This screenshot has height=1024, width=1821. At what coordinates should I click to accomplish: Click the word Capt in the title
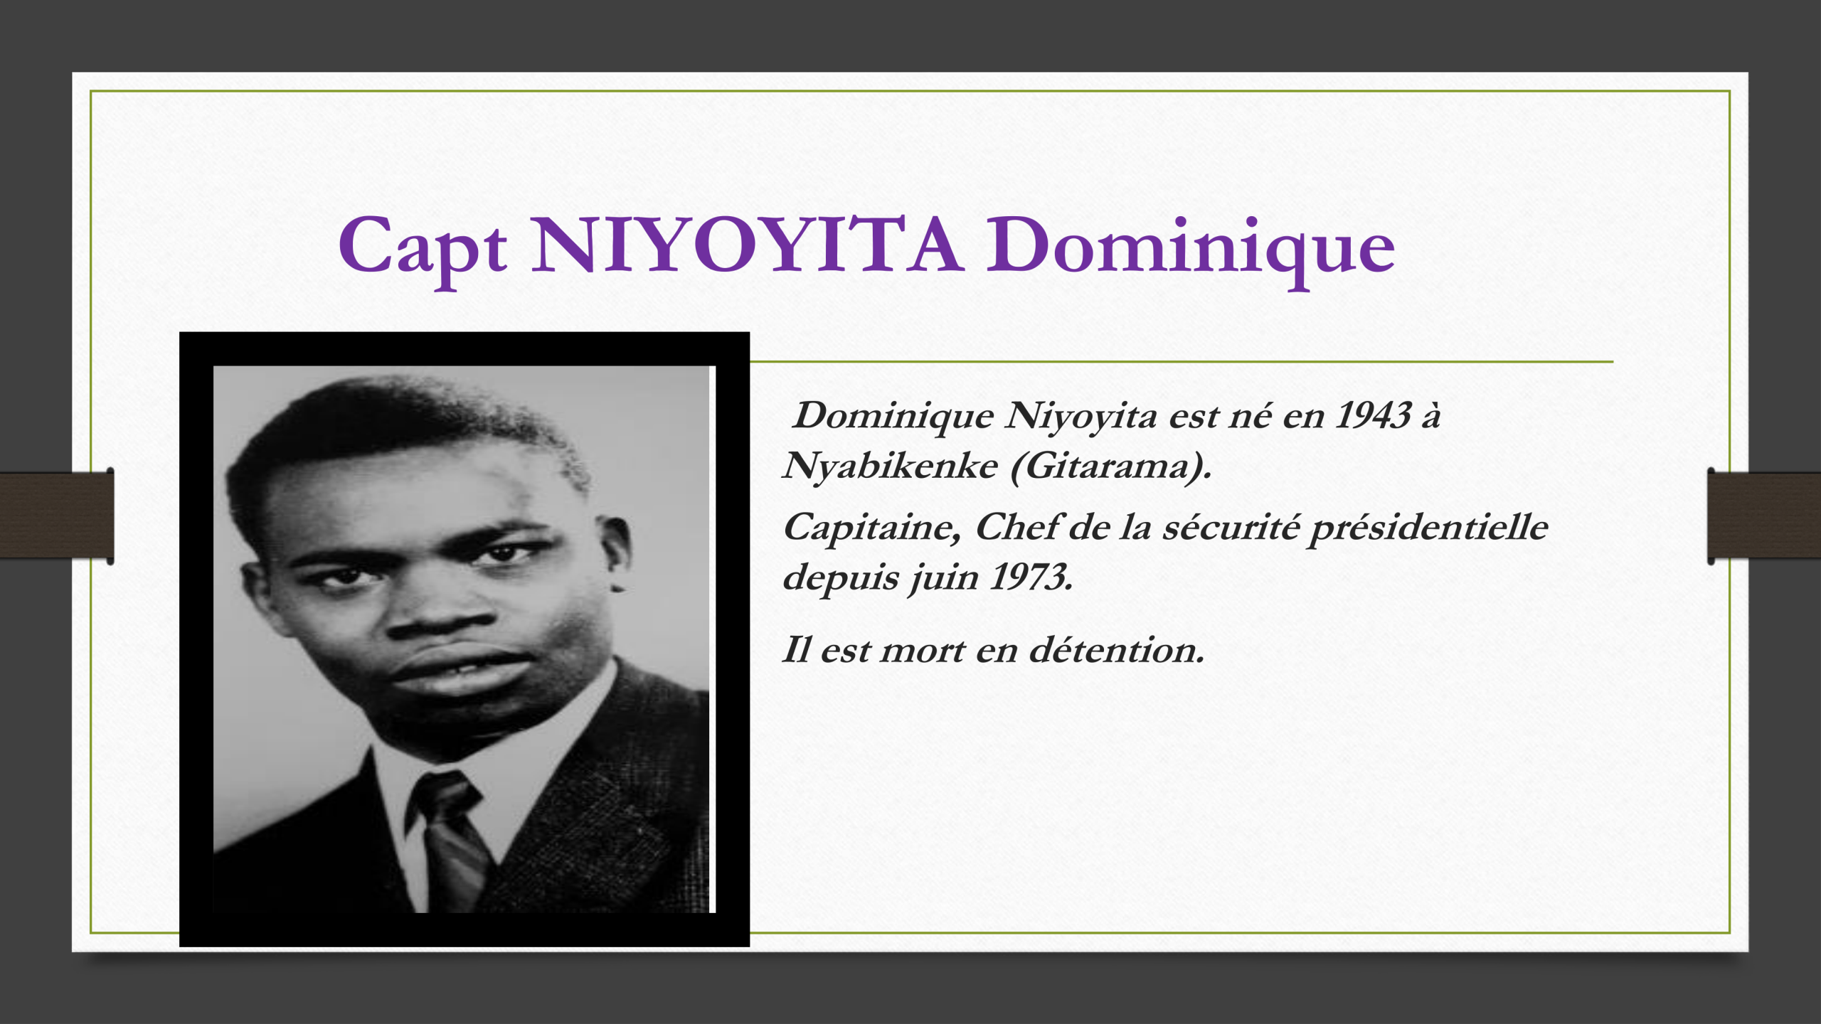[423, 247]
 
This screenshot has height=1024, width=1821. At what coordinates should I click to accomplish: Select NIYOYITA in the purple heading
[747, 245]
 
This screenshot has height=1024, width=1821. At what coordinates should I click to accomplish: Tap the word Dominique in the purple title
[1190, 247]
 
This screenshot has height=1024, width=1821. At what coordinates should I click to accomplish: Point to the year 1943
[1373, 415]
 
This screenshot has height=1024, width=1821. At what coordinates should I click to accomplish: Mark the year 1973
[1031, 577]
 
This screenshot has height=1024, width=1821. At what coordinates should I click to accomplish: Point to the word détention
[1117, 650]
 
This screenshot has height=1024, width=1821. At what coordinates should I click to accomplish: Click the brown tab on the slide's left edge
[57, 515]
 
